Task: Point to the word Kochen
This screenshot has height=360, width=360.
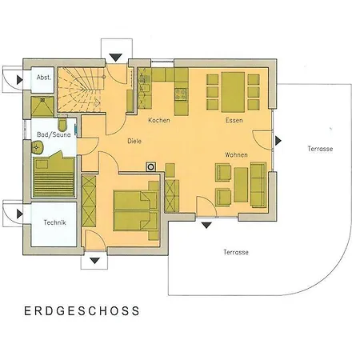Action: click(158, 120)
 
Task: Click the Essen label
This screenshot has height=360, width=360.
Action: click(234, 121)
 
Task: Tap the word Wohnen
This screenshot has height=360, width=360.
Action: click(236, 154)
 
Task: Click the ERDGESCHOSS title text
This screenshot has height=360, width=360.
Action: click(82, 310)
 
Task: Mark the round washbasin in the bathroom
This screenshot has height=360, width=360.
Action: click(37, 147)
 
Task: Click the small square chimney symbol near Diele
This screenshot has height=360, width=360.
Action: click(149, 167)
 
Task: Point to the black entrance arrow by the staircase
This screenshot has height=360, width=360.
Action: click(116, 58)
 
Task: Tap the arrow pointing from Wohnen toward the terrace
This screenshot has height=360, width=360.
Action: click(278, 141)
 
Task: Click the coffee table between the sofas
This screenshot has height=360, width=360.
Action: click(239, 181)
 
